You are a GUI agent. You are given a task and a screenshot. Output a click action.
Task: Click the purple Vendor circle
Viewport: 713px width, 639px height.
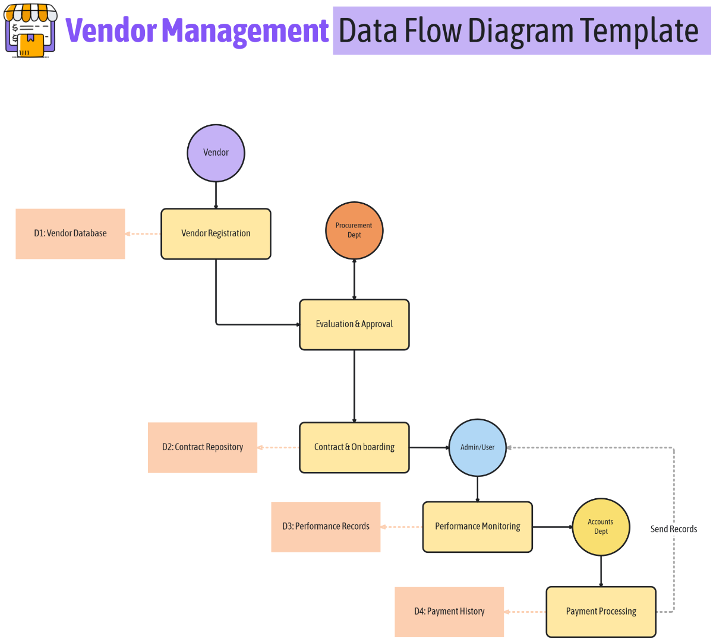(x=216, y=153)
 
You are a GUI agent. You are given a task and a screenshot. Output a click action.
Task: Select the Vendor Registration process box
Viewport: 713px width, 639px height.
(x=216, y=233)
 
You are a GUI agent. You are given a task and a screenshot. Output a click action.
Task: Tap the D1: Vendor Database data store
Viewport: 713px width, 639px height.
(x=70, y=233)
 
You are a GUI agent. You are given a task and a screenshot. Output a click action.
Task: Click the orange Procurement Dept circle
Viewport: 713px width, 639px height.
(x=354, y=230)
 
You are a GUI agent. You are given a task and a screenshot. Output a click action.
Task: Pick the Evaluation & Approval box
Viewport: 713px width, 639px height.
(x=354, y=324)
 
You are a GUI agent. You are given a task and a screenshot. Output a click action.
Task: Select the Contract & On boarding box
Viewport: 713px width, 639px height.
(x=354, y=447)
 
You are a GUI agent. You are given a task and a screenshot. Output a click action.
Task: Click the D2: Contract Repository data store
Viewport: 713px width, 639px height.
(x=202, y=447)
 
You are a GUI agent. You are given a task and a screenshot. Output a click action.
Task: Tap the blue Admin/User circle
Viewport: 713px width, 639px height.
(x=477, y=447)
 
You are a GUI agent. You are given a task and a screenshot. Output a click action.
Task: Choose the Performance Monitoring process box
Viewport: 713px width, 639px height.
(x=477, y=527)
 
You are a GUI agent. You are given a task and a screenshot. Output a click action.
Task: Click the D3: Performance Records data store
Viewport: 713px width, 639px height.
(x=326, y=527)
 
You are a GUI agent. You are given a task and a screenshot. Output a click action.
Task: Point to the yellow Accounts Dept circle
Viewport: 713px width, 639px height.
(x=601, y=527)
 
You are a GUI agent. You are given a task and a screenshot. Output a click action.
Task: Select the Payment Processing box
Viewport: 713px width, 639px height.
(x=601, y=612)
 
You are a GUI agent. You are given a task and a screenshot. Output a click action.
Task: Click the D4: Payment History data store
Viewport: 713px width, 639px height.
(x=449, y=612)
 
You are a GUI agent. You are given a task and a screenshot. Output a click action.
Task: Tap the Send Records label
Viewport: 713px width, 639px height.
(x=673, y=529)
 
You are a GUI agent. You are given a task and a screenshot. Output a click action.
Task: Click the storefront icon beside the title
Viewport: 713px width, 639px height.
(x=30, y=31)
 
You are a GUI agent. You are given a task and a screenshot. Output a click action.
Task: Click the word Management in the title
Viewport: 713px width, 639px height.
(x=245, y=31)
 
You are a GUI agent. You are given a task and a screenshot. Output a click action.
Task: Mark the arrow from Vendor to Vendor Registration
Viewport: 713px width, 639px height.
(x=216, y=195)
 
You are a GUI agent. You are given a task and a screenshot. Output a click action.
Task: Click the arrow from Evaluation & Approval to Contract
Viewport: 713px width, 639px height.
(x=354, y=386)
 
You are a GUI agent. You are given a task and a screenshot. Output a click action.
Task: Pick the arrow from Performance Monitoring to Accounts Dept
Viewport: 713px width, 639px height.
(x=553, y=527)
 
